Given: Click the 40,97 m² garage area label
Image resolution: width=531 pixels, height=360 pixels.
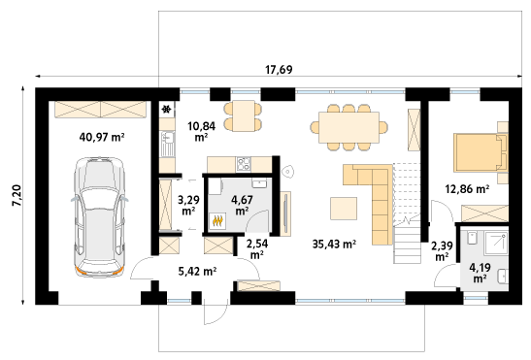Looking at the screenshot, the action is [102, 137].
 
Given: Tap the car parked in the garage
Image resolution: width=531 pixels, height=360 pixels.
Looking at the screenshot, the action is [100, 216].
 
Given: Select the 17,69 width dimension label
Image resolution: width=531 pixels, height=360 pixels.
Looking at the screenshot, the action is [279, 70].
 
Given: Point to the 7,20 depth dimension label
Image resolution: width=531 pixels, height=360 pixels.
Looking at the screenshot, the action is [17, 195].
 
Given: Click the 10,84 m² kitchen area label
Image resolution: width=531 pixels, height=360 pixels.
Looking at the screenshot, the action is [202, 131].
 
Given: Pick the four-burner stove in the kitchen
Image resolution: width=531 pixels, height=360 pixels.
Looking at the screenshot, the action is [244, 164].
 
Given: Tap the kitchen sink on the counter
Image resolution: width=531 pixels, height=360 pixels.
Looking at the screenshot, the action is [167, 144].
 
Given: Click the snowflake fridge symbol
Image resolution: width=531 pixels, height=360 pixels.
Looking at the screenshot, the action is [166, 109].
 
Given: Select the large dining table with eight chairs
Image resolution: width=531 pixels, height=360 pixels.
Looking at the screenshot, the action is [349, 127].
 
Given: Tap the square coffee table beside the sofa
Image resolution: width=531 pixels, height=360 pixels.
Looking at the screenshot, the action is [344, 209].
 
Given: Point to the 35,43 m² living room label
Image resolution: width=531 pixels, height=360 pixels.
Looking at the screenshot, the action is [334, 244].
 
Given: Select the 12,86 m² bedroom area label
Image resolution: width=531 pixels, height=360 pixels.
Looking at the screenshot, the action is [467, 189].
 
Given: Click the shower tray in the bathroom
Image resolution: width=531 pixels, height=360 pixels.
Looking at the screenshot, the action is [496, 243].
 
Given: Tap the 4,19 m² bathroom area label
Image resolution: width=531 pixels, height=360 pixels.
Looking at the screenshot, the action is [480, 273].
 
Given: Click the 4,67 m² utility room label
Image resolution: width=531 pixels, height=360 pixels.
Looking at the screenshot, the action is [242, 205].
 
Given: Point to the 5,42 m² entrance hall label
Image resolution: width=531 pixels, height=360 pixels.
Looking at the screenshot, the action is [197, 271].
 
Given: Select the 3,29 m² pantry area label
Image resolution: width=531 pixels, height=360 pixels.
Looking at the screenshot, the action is [188, 205].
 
